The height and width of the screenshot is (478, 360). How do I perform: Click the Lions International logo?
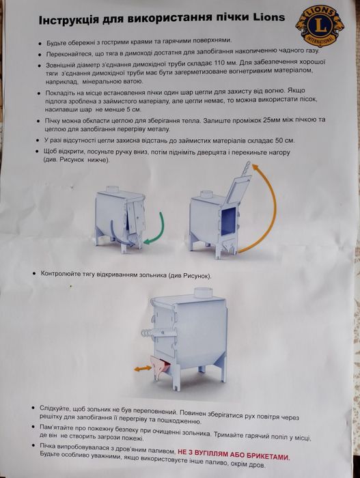click(x=320, y=26)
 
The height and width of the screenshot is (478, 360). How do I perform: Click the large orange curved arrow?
click(x=260, y=208)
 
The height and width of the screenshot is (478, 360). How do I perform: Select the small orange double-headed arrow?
click(x=143, y=368)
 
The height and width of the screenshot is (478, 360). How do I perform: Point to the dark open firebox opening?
click(x=228, y=221)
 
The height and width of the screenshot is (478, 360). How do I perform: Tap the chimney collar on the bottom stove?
click(x=203, y=292)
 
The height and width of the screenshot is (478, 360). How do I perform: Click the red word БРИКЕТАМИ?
click(x=268, y=456)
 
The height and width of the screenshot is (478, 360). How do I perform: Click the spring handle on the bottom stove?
click(x=147, y=333)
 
